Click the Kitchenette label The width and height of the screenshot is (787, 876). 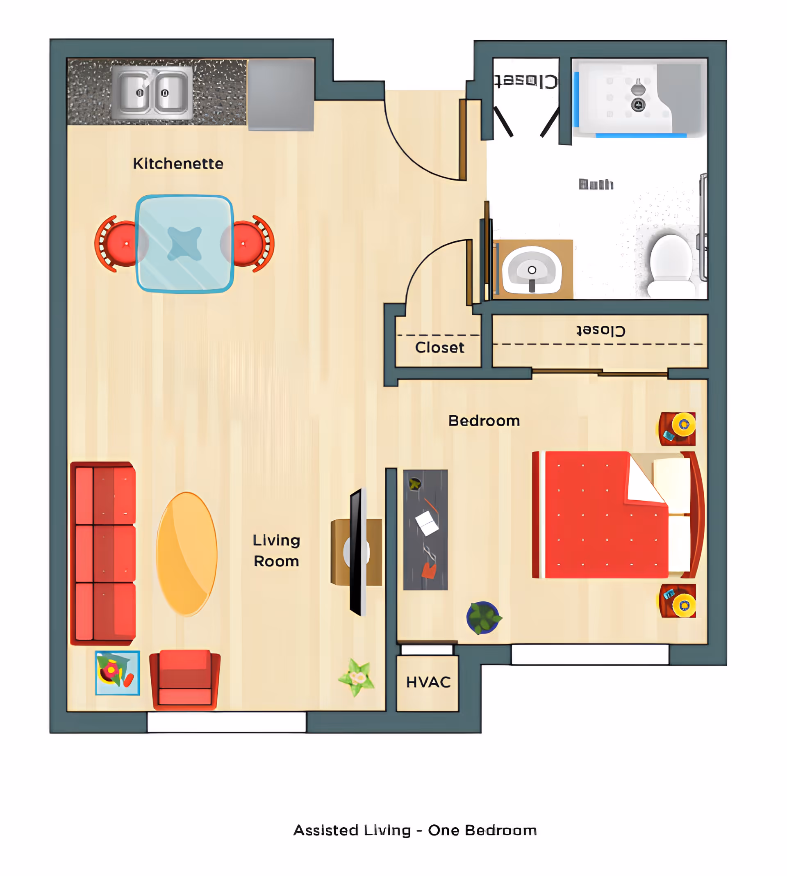coord(178,164)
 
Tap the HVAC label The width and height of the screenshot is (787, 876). coord(428,682)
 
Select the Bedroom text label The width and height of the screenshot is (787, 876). coord(484,421)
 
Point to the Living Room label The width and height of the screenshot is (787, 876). coord(276,551)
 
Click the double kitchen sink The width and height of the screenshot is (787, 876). coord(152,93)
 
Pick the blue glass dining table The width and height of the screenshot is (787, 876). coord(184,244)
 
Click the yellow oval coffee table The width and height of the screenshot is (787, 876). coord(187,554)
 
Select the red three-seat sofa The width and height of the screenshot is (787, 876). coord(103,553)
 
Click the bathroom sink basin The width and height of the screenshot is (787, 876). coord(532,270)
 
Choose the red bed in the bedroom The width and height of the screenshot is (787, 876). coord(605,515)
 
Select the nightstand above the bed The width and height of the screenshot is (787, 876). coord(678,428)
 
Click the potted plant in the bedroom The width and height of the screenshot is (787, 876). coord(483,617)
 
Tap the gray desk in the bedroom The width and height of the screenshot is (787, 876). coord(425,529)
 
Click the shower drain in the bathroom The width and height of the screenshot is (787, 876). coord(638,104)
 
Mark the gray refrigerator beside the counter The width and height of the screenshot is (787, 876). coord(281,94)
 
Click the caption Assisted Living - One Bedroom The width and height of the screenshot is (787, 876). coord(415,830)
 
